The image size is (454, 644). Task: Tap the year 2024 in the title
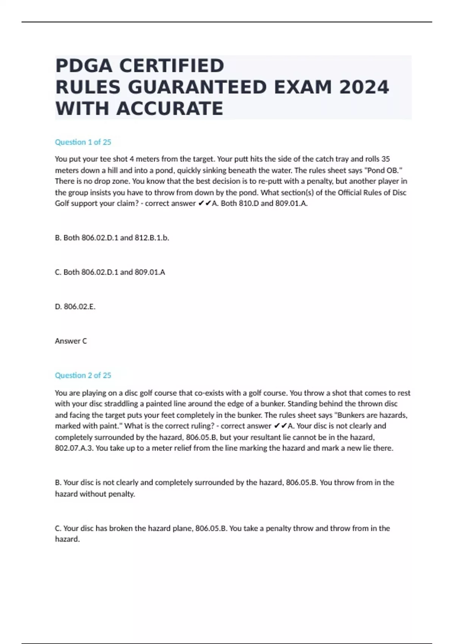364,87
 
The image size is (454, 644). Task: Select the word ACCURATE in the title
170,109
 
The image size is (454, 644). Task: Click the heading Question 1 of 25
83,142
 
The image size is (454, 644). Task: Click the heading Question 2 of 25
83,375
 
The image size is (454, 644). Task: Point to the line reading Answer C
71,341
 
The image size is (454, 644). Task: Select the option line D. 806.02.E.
75,306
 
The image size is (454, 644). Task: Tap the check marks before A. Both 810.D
204,203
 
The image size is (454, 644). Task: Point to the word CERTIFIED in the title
172,66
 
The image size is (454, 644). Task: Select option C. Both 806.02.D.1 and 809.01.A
110,272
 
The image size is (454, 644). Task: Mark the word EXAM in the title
302,87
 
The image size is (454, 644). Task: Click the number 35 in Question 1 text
385,159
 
